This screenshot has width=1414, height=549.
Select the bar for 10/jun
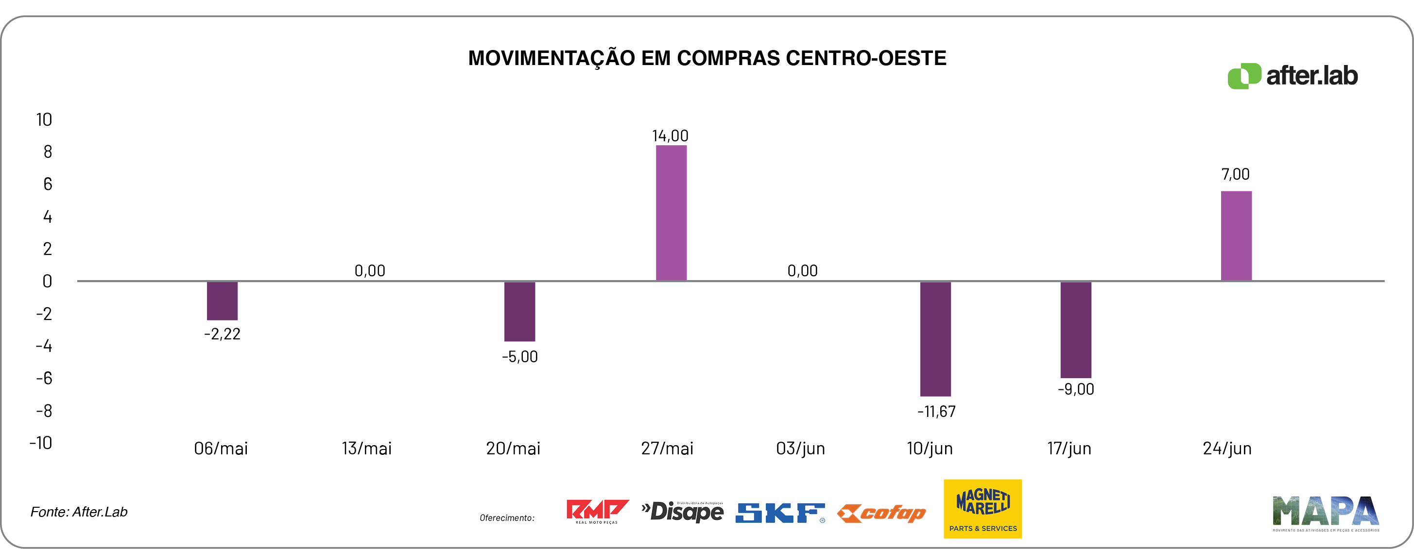click(x=935, y=338)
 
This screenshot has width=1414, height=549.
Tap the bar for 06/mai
click(x=223, y=300)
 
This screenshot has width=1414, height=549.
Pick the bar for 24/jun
click(x=1236, y=236)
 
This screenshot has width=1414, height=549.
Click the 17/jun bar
click(x=1075, y=330)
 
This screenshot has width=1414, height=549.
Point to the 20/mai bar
click(x=519, y=311)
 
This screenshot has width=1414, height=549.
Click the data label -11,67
click(x=936, y=411)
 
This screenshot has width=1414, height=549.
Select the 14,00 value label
click(x=670, y=135)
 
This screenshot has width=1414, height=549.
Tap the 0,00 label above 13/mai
click(x=369, y=270)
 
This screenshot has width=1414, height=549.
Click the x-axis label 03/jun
click(x=800, y=449)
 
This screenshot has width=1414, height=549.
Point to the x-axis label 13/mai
click(x=367, y=449)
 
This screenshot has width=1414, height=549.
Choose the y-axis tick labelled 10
click(x=44, y=119)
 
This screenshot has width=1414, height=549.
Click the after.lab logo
click(x=1292, y=76)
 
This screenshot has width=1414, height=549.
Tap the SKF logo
click(x=780, y=513)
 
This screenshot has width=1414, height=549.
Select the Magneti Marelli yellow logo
click(x=983, y=508)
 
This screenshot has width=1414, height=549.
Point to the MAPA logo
click(x=1325, y=513)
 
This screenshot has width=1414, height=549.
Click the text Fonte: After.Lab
click(x=79, y=512)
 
